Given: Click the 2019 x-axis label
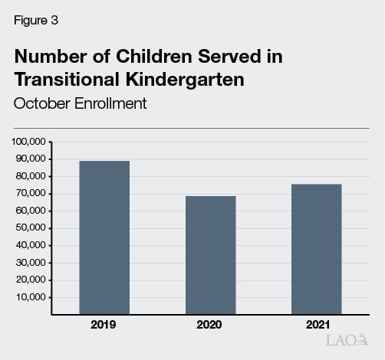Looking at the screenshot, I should pos(103,326).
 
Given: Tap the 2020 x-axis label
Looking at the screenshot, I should pos(209,326).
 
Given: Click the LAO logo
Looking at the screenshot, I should pos(347,340).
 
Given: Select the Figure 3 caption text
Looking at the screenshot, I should pos(36,21).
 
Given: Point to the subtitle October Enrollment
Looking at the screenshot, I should pos(80,103).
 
